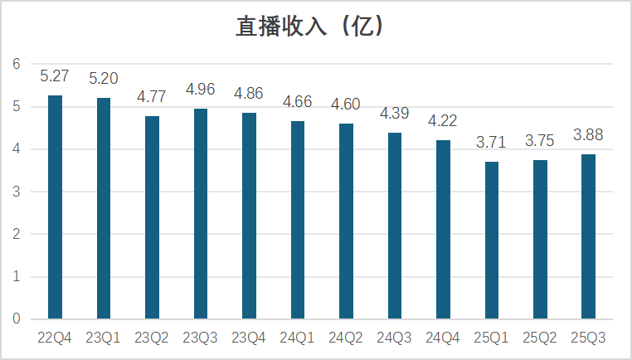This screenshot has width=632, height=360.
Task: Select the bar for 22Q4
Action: tap(55, 207)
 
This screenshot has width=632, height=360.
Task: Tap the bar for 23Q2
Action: tap(152, 217)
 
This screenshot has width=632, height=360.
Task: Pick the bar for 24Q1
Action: tap(298, 220)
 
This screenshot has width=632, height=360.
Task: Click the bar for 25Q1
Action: tap(492, 241)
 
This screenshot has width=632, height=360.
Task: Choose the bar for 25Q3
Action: tap(588, 236)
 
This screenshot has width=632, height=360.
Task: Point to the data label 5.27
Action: tap(55, 77)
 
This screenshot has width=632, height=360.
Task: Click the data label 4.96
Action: tap(201, 90)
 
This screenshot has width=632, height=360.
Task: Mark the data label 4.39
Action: tap(395, 114)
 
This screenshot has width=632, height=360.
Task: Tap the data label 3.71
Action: tap(492, 143)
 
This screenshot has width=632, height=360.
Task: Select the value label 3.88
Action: tap(588, 135)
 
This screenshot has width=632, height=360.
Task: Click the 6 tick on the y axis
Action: tap(16, 64)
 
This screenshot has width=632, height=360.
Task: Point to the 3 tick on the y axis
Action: tap(16, 192)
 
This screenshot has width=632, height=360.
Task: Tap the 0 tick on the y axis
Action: tap(16, 319)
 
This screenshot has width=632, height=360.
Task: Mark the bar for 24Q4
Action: tap(443, 230)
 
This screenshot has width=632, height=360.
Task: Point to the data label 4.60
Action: tap(346, 105)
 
